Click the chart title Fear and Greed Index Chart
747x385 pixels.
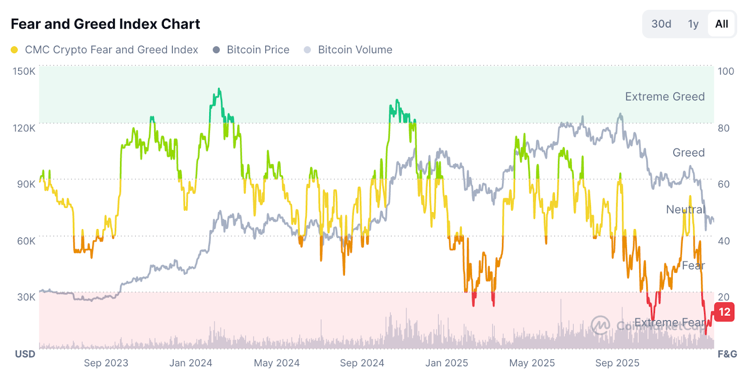pos(105,24)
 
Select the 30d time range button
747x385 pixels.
pos(661,24)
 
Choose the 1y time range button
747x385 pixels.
pos(693,24)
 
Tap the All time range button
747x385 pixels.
pos(721,24)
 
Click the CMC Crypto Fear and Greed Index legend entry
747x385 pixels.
pos(111,50)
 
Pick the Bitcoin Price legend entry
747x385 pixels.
pos(258,50)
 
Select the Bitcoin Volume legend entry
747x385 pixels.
pos(355,50)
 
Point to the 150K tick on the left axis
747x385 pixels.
pos(24,71)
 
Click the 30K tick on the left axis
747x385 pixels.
pos(26,297)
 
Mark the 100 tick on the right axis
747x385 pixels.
pos(726,71)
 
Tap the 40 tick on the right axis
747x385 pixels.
pos(724,241)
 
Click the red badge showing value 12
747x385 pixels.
pos(724,312)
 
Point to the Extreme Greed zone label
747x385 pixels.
pos(664,97)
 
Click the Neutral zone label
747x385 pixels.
pos(685,209)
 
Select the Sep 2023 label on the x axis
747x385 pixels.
pos(106,363)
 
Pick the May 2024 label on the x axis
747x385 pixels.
pos(276,363)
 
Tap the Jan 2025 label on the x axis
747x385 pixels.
pos(446,363)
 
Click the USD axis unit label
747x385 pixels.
pos(25,354)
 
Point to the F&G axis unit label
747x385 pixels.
pos(727,354)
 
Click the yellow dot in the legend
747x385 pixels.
pos(14,50)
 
